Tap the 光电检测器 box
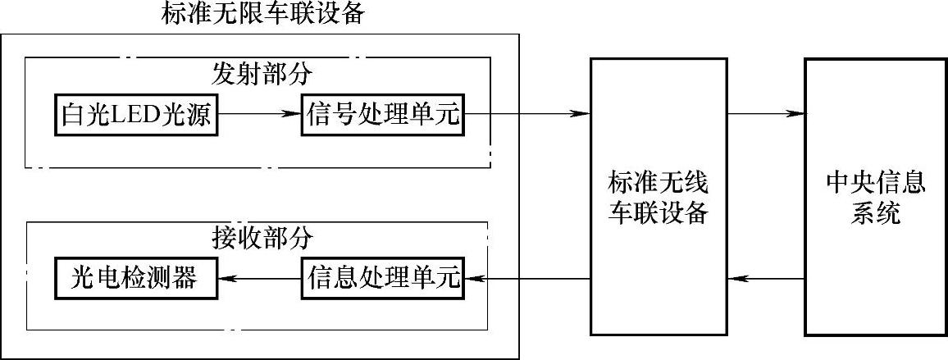tap(137, 279)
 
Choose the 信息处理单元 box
tap(383, 279)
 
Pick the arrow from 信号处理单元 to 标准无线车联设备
tap(527, 115)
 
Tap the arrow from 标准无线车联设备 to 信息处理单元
tap(527, 279)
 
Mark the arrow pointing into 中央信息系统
tap(765, 115)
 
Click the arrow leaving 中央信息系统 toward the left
tap(765, 279)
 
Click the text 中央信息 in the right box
tap(876, 182)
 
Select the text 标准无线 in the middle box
tap(658, 182)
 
